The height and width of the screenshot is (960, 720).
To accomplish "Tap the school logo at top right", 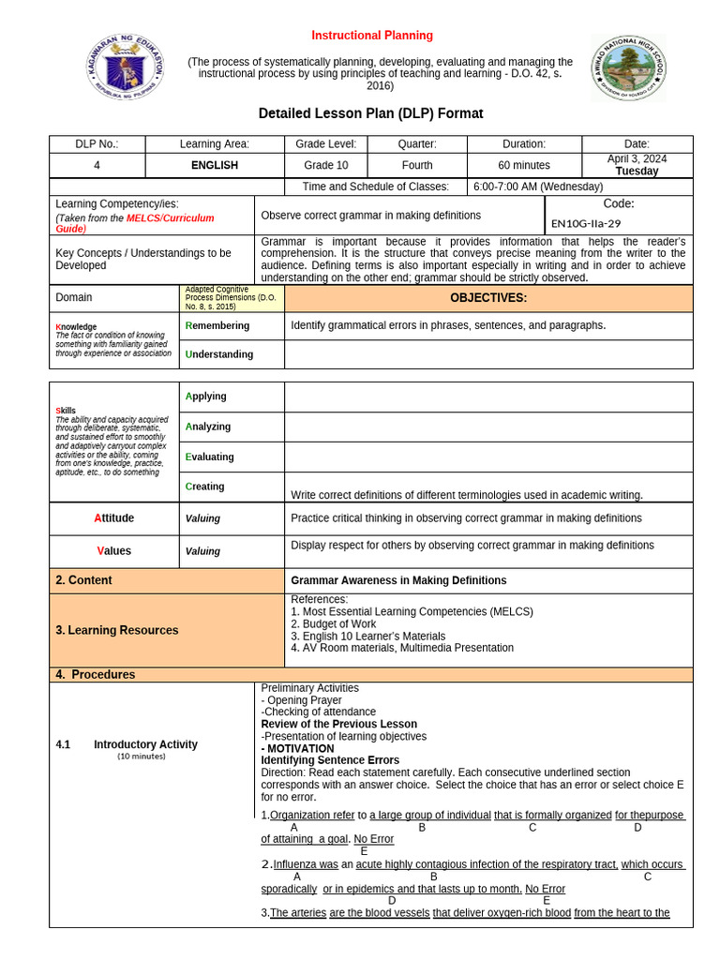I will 627,68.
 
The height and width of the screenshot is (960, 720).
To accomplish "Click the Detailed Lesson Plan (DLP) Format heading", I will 370,113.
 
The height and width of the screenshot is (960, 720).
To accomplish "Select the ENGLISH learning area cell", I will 215,165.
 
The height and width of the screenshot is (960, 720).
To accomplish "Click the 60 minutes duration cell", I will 524,165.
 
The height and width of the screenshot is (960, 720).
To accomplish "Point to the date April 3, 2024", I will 637,159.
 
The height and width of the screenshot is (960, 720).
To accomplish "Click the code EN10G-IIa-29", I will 586,223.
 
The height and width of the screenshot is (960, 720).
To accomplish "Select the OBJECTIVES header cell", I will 487,298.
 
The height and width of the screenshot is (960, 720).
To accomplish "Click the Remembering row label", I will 217,325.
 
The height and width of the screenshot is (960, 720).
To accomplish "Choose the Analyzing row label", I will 208,427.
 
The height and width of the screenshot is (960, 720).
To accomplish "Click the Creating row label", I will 205,487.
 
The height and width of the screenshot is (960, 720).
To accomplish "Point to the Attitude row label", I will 113,517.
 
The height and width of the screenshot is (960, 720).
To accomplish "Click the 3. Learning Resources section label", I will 116,630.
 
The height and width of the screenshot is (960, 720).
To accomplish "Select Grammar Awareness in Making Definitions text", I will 398,580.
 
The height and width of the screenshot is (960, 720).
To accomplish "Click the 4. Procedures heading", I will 95,674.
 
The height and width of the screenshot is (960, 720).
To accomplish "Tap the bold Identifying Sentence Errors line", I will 330,760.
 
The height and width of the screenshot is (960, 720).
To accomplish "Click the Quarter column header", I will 417,143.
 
